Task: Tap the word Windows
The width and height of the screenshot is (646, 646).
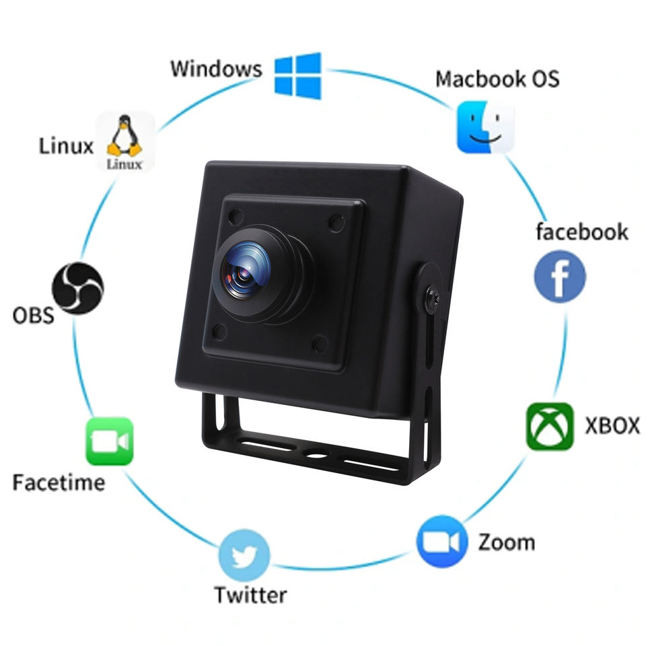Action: click(215, 69)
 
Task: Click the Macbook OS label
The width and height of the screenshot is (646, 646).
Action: click(497, 79)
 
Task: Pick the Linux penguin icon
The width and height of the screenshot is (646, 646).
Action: click(126, 141)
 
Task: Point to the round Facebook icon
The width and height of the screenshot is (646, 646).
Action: click(560, 277)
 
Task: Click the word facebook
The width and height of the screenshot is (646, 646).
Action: click(581, 232)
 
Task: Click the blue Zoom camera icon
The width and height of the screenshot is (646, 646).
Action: click(441, 542)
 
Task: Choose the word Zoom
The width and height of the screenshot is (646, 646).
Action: click(506, 542)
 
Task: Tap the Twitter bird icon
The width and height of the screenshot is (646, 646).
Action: click(244, 557)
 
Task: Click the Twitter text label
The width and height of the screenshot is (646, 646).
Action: click(250, 595)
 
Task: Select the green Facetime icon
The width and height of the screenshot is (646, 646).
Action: click(109, 441)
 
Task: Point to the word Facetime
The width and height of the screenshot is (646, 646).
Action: click(59, 482)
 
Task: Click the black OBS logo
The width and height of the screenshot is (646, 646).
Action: click(78, 288)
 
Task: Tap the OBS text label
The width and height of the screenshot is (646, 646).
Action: click(33, 315)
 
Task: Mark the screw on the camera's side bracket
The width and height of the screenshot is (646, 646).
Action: click(431, 297)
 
